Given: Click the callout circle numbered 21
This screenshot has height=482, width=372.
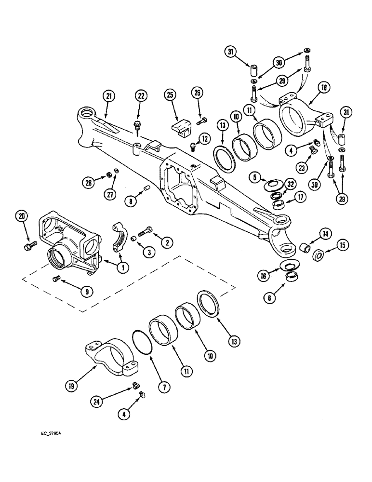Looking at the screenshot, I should click(109, 96).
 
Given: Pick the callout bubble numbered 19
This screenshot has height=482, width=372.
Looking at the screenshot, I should click(70, 386).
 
